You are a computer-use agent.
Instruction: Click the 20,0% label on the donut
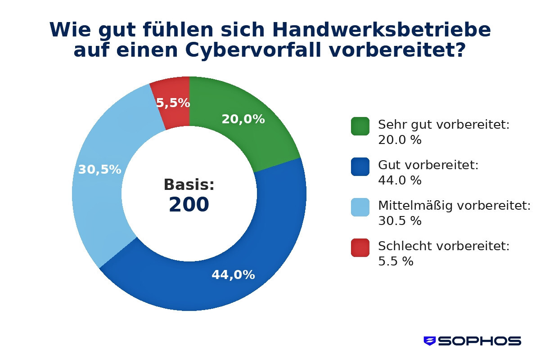click(243, 119)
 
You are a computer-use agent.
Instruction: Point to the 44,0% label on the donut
click(233, 275)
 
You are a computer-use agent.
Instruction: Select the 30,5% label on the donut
click(99, 170)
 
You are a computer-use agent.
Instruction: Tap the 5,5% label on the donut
click(173, 103)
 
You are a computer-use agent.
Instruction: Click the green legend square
click(360, 126)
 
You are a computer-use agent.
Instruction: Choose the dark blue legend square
click(360, 166)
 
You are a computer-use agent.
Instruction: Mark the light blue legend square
click(360, 207)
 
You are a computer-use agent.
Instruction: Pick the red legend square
click(360, 247)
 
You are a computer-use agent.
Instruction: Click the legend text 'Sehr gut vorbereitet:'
click(444, 125)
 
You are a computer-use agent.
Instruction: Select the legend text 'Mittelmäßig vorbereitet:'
click(454, 206)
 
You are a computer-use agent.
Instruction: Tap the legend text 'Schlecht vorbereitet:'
click(444, 246)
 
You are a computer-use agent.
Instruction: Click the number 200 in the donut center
click(189, 205)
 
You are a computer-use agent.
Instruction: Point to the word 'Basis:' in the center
click(189, 184)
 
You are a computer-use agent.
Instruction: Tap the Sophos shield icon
click(430, 341)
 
